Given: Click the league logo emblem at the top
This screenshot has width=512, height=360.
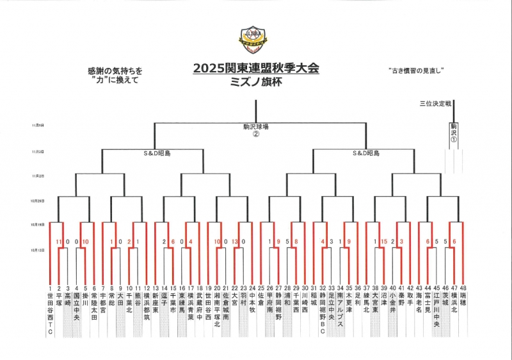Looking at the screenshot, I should click(255, 40).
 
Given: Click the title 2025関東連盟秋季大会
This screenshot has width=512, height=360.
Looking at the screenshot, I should click(256, 68).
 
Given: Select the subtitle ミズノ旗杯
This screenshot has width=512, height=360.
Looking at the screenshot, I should click(256, 81).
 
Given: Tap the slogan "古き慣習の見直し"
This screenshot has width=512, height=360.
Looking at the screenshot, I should click(416, 70).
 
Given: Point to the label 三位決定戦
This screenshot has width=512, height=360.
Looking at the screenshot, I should click(435, 102).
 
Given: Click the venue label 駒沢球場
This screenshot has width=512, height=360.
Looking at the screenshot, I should click(256, 126).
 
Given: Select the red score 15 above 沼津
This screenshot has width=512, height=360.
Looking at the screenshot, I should click(384, 241).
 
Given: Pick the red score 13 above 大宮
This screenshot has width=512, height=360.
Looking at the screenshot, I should click(236, 241).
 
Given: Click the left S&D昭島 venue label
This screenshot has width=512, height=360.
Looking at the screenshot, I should click(156, 154).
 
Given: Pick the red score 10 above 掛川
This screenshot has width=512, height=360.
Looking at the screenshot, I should click(86, 241).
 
